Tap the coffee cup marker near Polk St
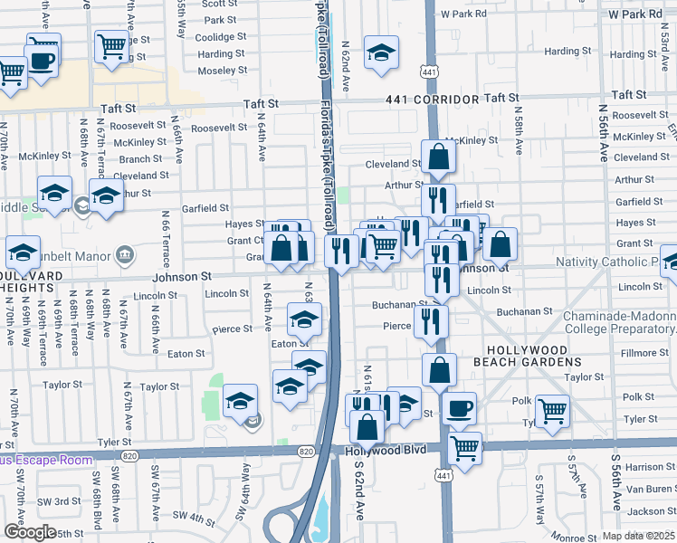tap(460, 407)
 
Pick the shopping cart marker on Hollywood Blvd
tap(465, 447)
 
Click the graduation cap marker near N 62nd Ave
tap(381, 52)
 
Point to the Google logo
tap(29, 531)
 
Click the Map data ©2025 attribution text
tap(638, 536)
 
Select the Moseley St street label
tap(221, 71)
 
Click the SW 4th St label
tap(192, 518)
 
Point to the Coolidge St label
tap(221, 37)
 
